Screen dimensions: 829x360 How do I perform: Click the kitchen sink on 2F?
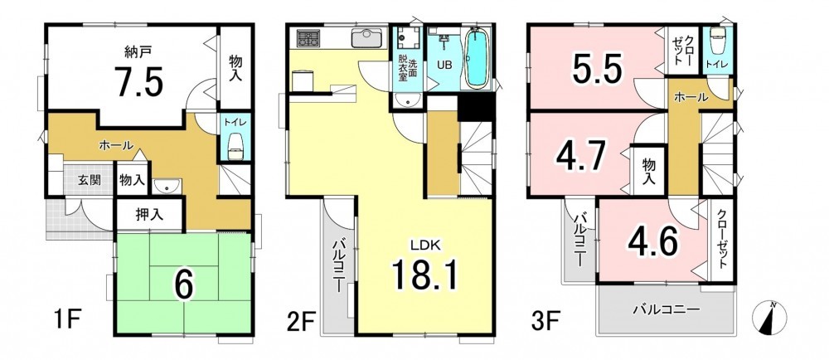point(364,37)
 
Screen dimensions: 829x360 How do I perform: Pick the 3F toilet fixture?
point(717,41)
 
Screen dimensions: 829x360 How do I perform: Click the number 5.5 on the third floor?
point(596,69)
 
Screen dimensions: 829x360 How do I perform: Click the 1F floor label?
point(67,319)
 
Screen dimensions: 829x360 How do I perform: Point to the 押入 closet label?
point(149,215)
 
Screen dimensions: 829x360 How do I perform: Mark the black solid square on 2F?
point(475,109)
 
